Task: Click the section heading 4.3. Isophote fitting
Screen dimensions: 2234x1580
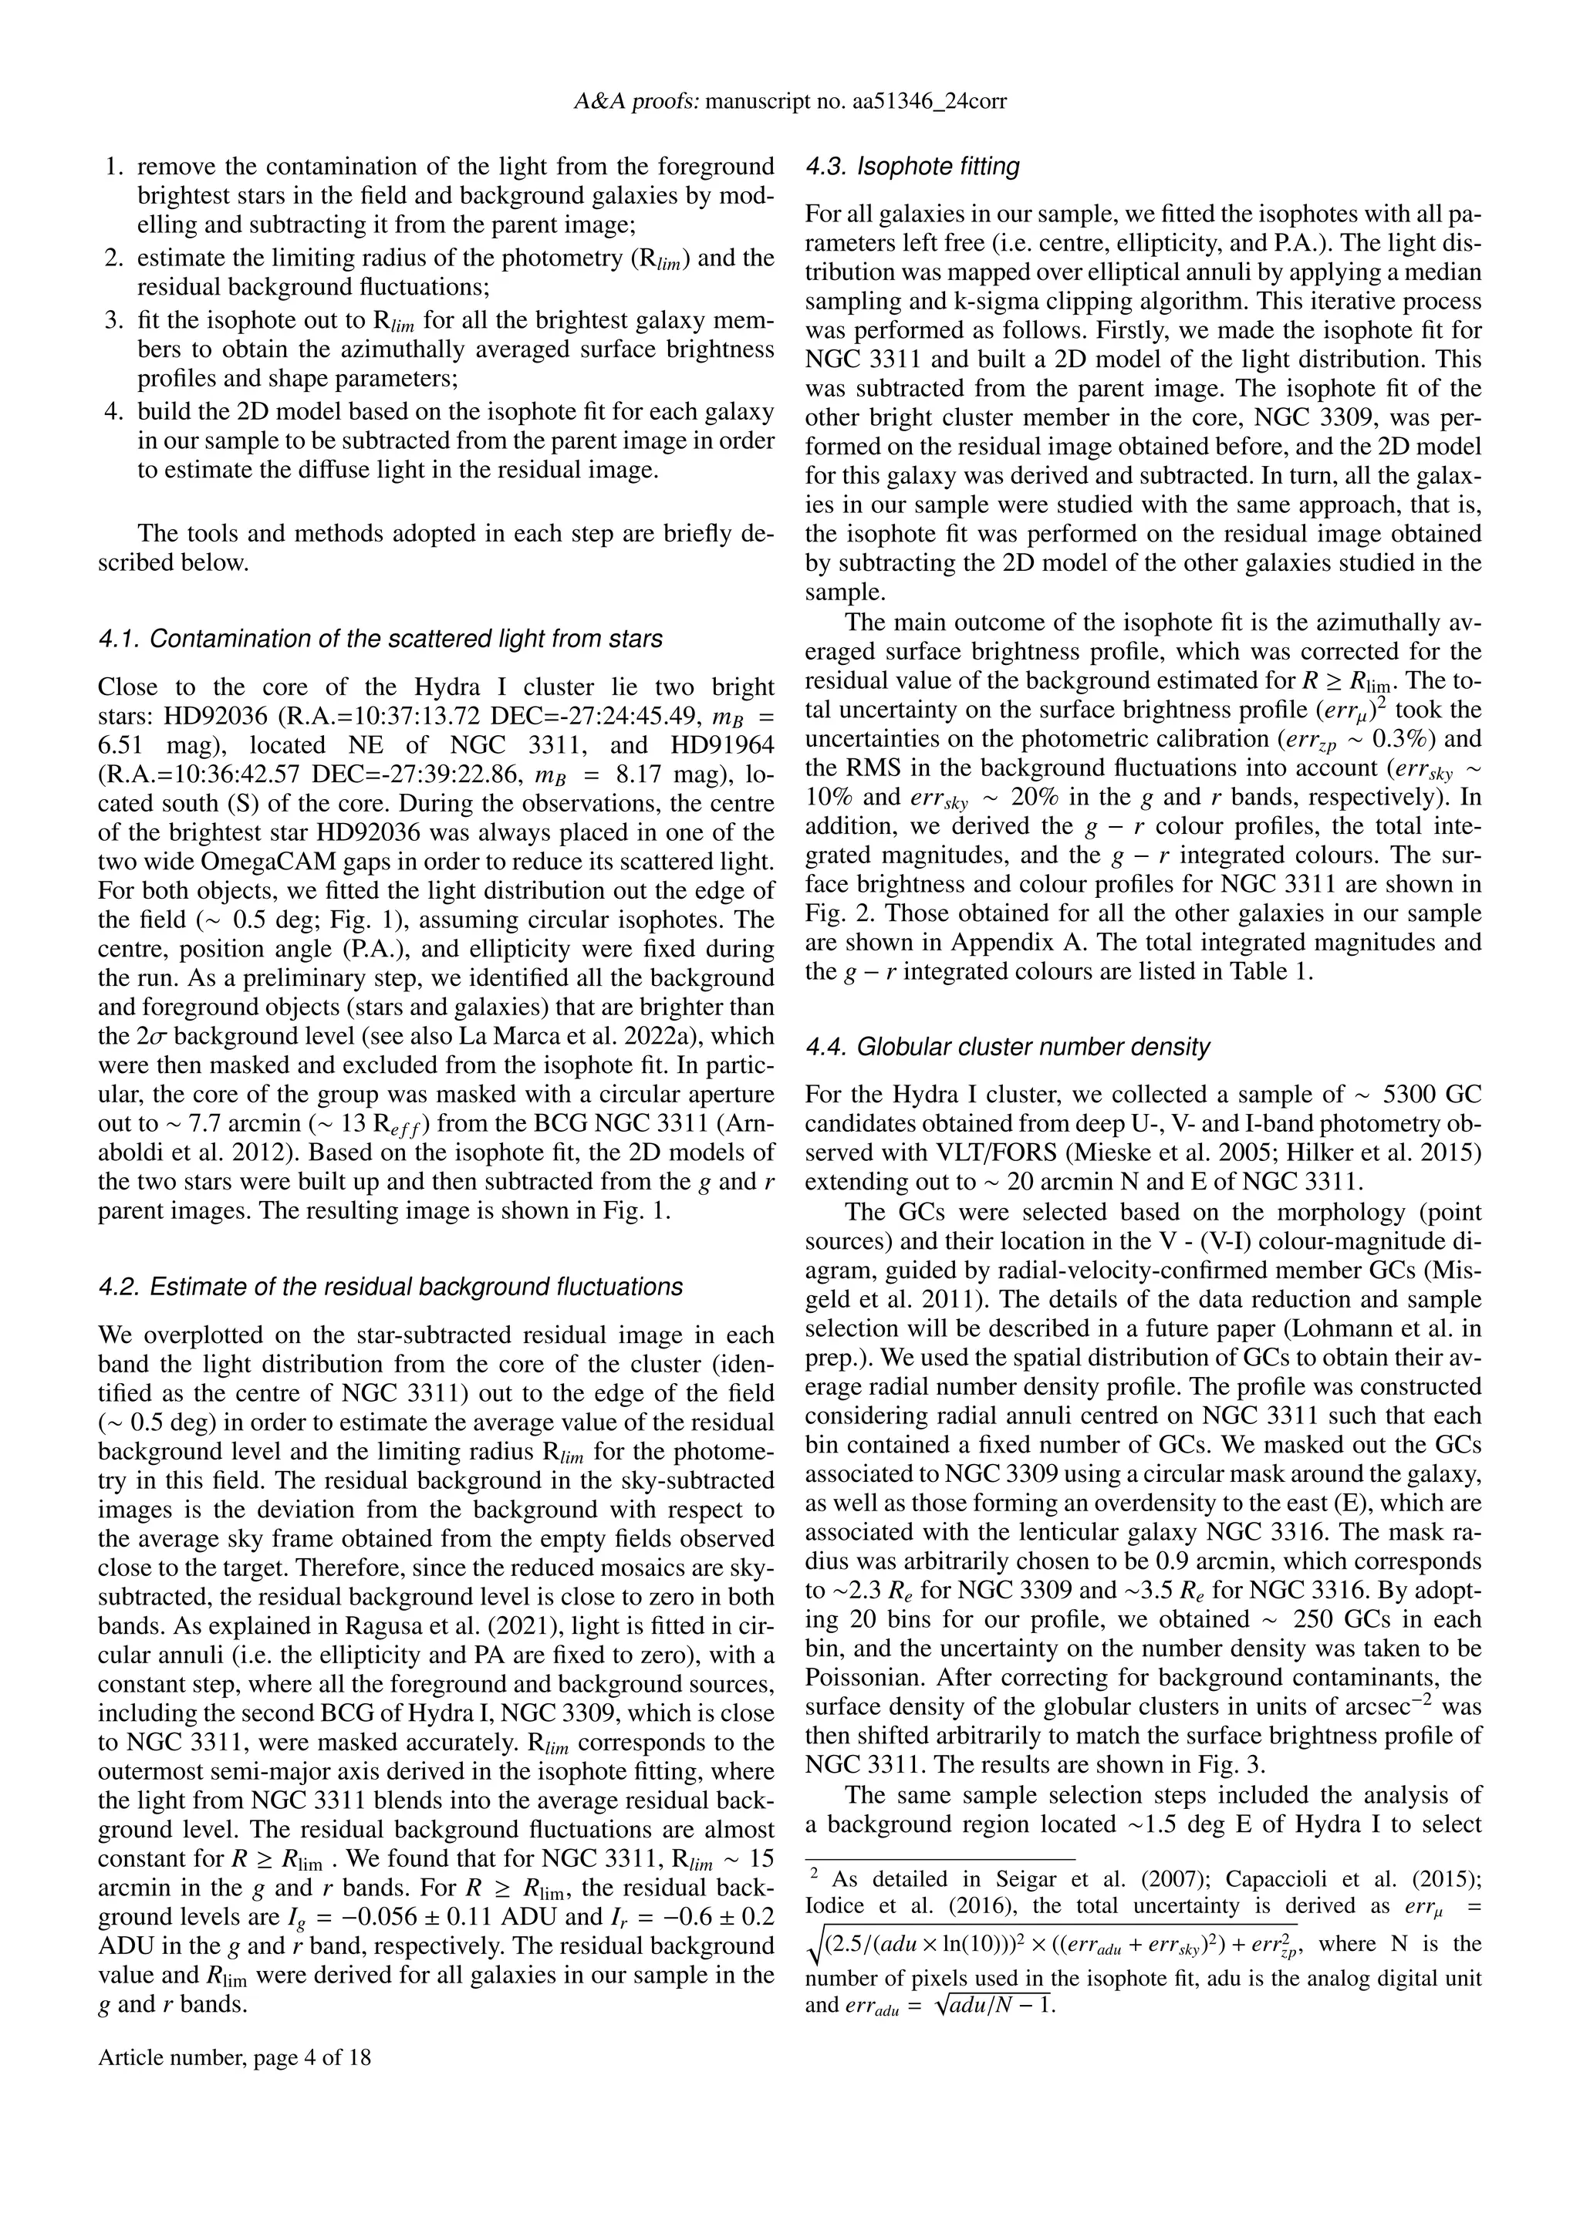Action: (913, 167)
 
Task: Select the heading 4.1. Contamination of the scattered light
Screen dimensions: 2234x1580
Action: (380, 639)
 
